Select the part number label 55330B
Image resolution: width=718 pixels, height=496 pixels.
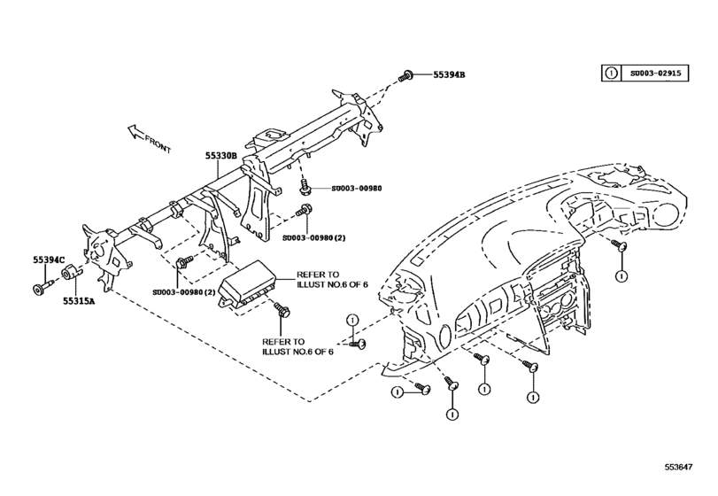[x=222, y=155]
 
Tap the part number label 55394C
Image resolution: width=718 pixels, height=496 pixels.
[x=50, y=260]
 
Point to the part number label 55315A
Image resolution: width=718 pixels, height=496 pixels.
[x=79, y=300]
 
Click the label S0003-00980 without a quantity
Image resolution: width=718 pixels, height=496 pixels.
[x=357, y=189]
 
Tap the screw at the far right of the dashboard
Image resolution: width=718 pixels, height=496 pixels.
[x=623, y=246]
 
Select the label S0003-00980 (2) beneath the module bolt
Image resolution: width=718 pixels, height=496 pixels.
[x=184, y=293]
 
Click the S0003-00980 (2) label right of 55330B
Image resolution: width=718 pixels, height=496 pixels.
[x=315, y=238]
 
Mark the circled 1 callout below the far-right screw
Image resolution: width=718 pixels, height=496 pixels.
[x=623, y=275]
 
